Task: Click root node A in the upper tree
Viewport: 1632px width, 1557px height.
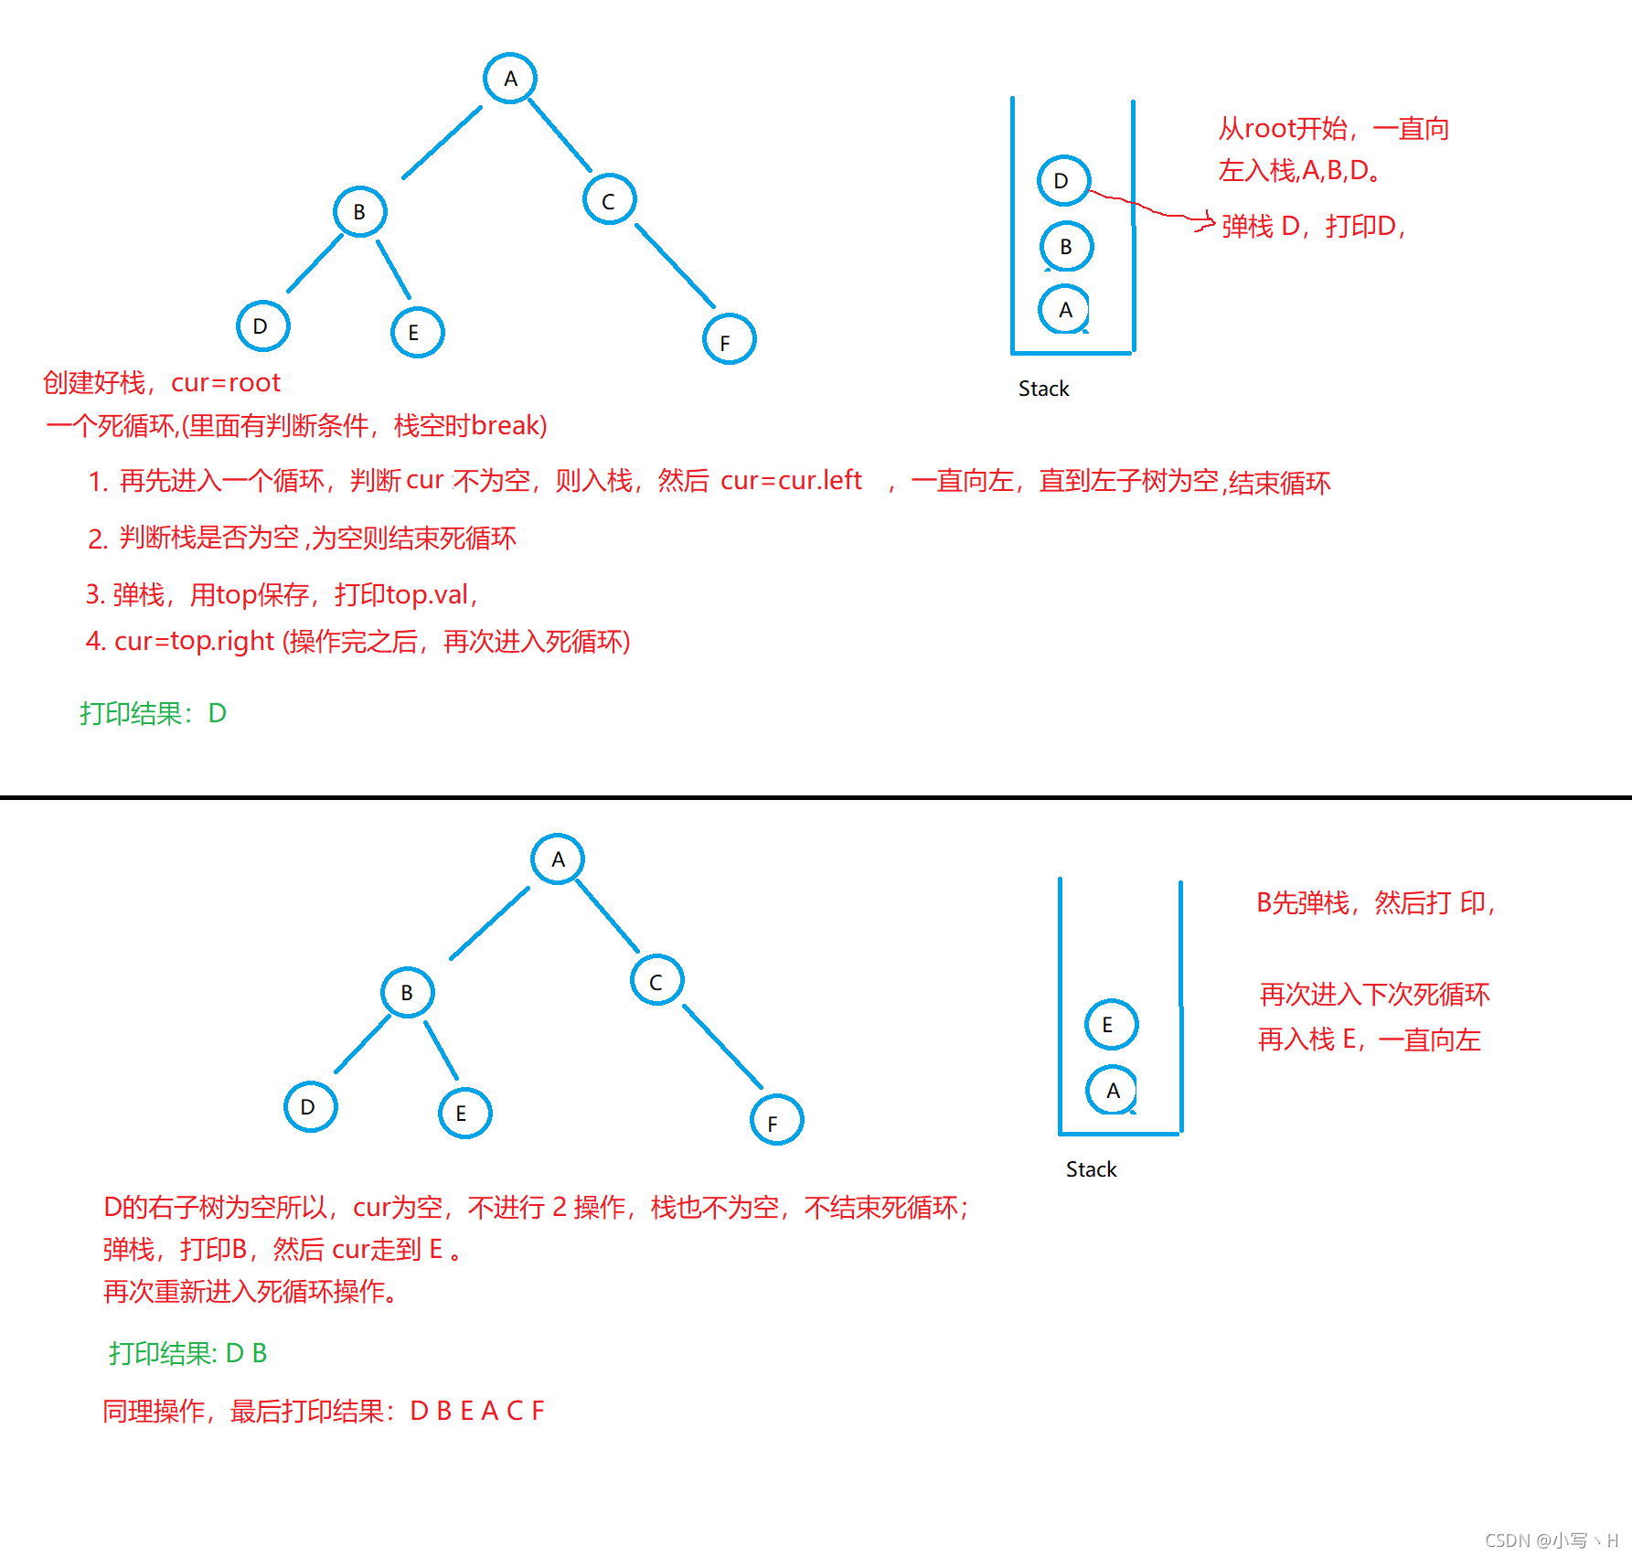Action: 510,79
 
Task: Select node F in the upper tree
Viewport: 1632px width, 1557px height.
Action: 729,339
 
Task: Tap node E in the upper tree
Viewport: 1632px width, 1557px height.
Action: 417,332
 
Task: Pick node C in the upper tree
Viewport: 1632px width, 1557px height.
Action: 609,199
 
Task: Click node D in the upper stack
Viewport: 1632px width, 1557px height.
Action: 1063,180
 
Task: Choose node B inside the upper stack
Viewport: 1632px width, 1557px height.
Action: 1066,246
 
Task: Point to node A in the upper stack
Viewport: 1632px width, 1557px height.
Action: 1064,310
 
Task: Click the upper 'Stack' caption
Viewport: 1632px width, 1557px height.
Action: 1043,389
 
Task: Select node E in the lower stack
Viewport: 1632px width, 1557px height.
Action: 1111,1024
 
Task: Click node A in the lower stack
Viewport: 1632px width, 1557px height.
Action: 1112,1090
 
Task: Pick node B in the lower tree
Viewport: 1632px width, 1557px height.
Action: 407,992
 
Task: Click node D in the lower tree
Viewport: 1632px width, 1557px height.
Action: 310,1107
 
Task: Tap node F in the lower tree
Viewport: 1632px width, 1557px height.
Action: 776,1121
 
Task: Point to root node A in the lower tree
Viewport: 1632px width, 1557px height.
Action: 558,859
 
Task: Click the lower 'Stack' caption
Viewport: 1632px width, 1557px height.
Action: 1091,1169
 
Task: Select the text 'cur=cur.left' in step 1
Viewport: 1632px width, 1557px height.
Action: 791,481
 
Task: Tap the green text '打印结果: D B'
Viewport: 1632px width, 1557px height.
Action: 187,1353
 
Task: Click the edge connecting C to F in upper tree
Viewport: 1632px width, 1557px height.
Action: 675,265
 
